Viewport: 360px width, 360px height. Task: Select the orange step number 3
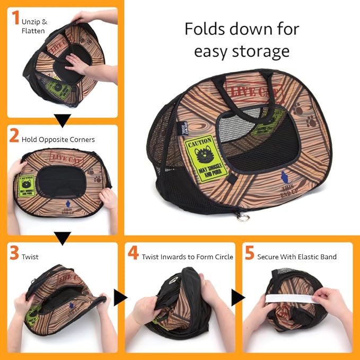click(14, 253)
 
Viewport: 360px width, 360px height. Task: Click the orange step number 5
click(249, 253)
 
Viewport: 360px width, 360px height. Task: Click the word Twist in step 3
click(30, 257)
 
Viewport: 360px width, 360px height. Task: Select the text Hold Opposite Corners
click(58, 139)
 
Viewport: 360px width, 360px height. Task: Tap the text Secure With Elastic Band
click(297, 257)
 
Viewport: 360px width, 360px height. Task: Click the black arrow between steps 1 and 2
click(63, 121)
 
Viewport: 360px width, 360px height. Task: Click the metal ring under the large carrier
click(242, 217)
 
